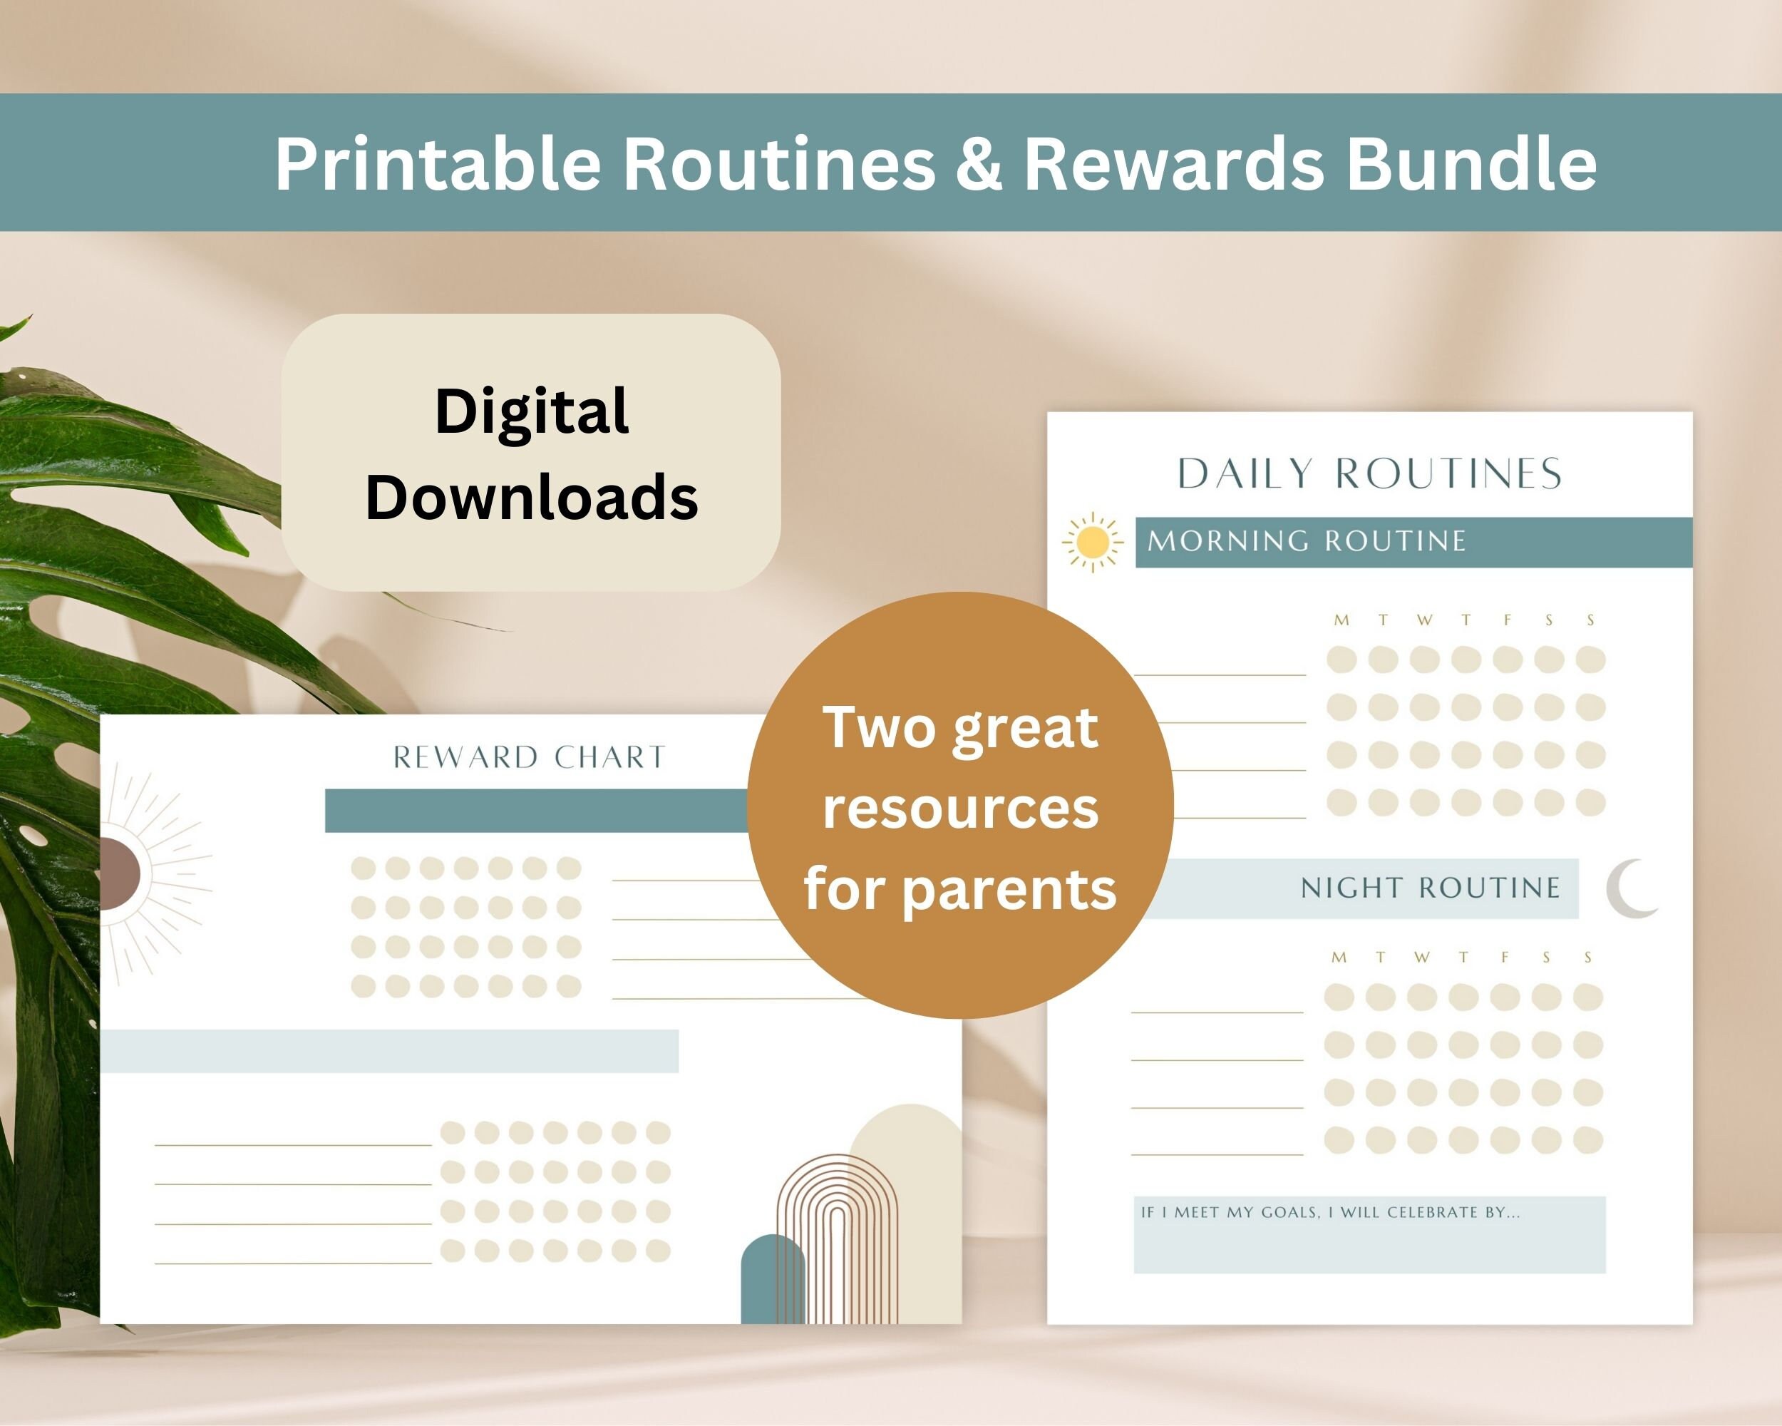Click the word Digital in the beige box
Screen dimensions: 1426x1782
click(x=532, y=411)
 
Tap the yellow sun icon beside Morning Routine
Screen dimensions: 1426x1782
click(x=1093, y=543)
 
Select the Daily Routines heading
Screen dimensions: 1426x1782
click(x=1369, y=473)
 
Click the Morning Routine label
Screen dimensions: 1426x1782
click(x=1306, y=541)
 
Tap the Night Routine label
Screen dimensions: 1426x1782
click(x=1430, y=888)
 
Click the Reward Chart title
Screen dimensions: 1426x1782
click(x=529, y=757)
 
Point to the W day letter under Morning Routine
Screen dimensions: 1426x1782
click(x=1424, y=620)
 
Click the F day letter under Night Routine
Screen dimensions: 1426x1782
click(x=1504, y=958)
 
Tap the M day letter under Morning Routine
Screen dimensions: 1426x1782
click(x=1341, y=620)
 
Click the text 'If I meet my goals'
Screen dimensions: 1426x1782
click(x=1232, y=1213)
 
